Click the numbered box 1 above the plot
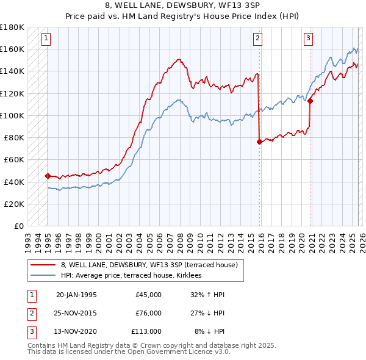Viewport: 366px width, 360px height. point(46,38)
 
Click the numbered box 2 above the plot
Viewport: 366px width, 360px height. point(257,38)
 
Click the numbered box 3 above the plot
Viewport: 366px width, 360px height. point(309,38)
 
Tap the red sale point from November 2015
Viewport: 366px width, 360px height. point(259,142)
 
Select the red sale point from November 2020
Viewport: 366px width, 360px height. point(310,101)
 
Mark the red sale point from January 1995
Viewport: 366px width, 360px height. point(48,176)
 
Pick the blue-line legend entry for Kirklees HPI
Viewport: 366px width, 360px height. point(135,275)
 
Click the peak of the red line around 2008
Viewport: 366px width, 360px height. point(179,59)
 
